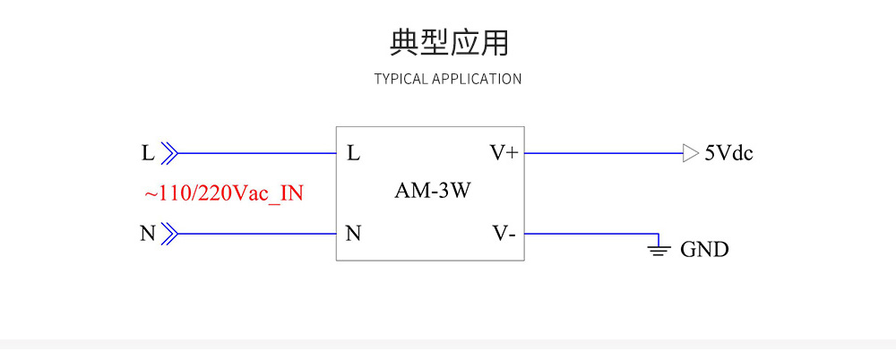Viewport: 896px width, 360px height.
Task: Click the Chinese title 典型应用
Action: (449, 42)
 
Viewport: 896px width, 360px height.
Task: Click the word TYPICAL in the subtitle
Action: (401, 79)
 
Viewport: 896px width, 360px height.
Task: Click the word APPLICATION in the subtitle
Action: (477, 79)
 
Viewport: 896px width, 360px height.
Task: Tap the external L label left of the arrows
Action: (148, 153)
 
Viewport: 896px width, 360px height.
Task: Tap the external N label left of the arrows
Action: (148, 235)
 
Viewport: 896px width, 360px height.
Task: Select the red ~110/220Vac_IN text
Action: (223, 193)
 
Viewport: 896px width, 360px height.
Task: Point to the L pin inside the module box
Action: (353, 153)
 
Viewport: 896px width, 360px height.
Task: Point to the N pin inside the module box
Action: (353, 235)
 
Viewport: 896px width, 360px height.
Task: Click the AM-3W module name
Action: (433, 191)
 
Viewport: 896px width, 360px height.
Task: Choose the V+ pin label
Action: (504, 153)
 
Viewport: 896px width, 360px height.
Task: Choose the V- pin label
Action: (504, 235)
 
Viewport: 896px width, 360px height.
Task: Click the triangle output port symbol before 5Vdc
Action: (690, 153)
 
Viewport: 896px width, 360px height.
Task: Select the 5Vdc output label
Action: (728, 153)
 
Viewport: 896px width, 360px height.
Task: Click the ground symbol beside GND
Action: (659, 250)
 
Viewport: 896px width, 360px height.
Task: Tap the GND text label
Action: (704, 250)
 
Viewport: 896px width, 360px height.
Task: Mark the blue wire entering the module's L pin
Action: (255, 153)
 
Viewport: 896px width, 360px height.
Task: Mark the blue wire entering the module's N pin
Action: (255, 235)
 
